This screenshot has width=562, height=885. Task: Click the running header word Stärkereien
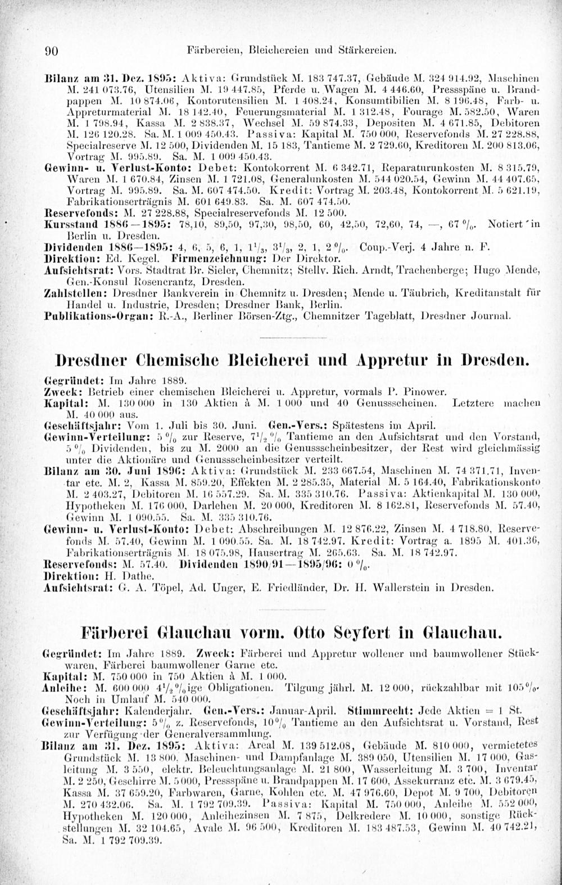371,50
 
